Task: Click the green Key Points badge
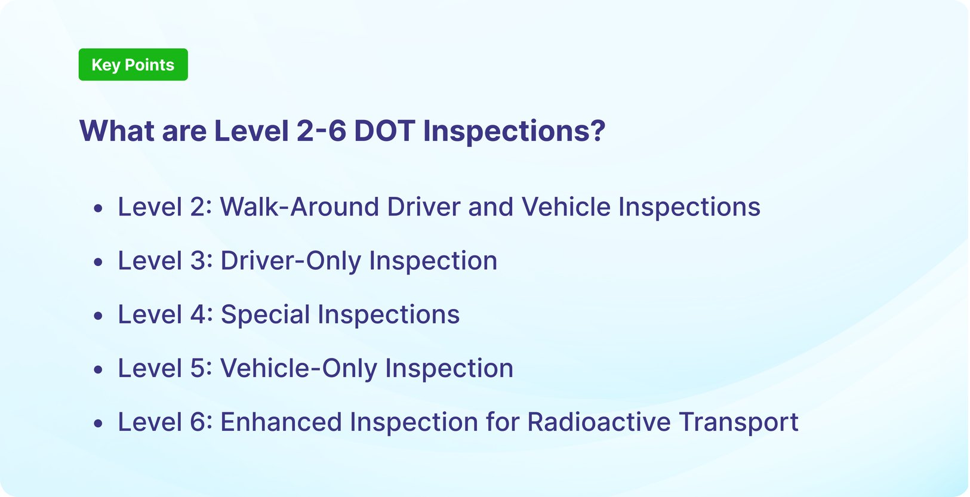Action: tap(133, 64)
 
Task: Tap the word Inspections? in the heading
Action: tap(514, 131)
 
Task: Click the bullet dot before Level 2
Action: tap(98, 209)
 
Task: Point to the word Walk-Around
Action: tap(299, 207)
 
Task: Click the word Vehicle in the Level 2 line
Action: tap(566, 207)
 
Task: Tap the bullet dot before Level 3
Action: tap(98, 263)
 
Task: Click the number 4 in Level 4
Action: tap(198, 314)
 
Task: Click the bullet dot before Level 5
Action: tap(98, 370)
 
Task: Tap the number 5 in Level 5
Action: tap(198, 368)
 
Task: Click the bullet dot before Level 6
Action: tap(98, 424)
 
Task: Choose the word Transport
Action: tap(738, 422)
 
